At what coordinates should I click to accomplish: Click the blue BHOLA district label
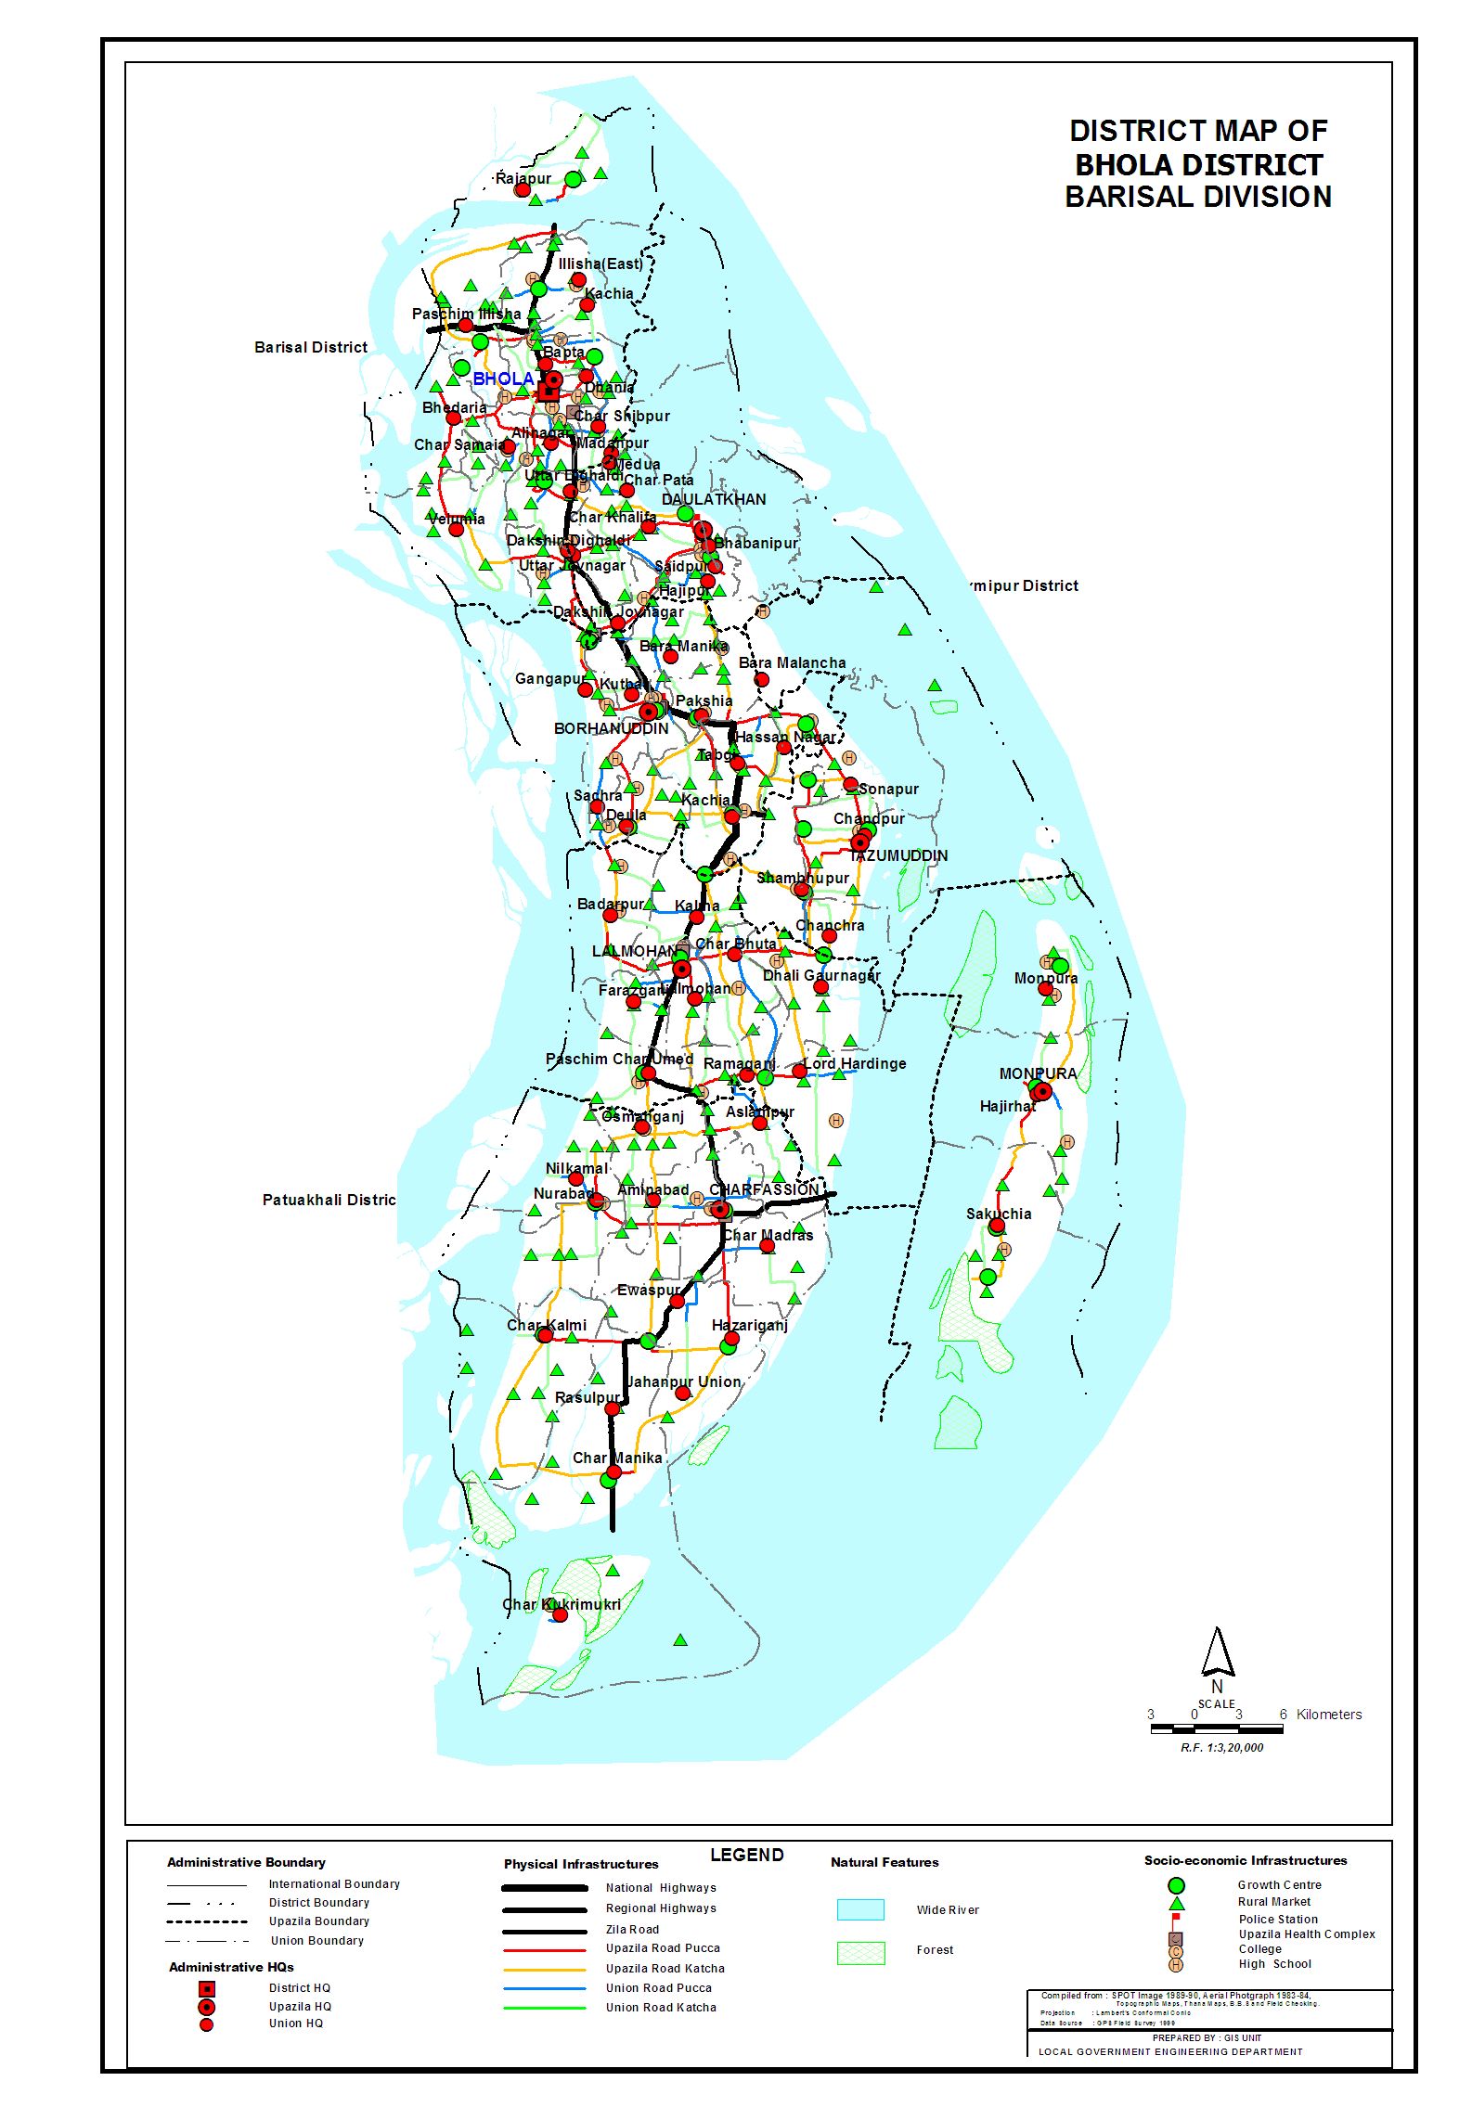(503, 379)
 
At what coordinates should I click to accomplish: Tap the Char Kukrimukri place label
(561, 1604)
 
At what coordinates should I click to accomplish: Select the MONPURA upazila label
(1038, 1073)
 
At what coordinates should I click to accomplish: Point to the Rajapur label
(523, 178)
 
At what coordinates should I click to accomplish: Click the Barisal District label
(311, 347)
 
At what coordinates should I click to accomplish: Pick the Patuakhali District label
(329, 1200)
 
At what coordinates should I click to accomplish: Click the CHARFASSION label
(764, 1189)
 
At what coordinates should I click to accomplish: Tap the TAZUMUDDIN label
(898, 855)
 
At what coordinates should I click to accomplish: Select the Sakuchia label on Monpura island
(999, 1214)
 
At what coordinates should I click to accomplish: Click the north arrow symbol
(1217, 1651)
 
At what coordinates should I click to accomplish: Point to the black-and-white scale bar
(1216, 1728)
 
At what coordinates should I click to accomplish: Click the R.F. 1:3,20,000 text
(1221, 1747)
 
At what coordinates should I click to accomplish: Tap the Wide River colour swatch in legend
(859, 1909)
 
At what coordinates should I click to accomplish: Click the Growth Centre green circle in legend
(1176, 1884)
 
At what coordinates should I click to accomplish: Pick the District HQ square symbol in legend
(207, 1988)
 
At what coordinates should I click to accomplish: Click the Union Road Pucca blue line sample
(544, 1988)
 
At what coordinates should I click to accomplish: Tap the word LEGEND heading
(746, 1855)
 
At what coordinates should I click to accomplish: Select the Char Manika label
(617, 1458)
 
